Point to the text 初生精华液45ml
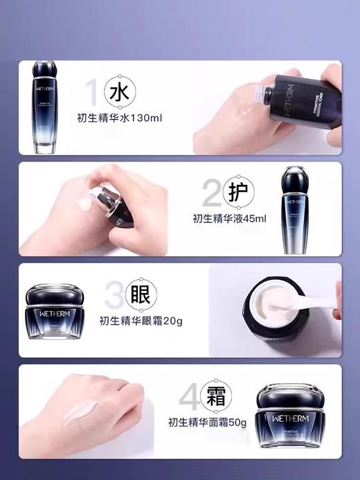tap(229, 219)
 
